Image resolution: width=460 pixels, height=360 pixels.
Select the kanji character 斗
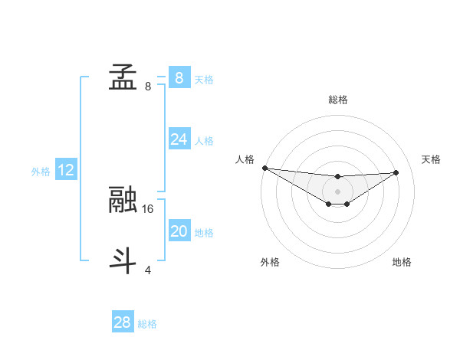123,261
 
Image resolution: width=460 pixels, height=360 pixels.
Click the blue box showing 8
179,77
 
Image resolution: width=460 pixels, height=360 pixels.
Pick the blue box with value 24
179,139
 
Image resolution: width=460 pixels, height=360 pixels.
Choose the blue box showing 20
179,231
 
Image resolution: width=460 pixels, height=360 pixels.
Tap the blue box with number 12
66,170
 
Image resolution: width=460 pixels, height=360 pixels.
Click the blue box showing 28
122,322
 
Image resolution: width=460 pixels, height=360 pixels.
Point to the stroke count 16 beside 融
149,208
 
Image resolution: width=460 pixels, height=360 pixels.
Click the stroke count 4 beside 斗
148,270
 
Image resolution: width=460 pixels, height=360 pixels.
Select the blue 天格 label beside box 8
204,79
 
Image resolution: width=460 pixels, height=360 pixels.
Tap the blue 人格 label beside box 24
204,141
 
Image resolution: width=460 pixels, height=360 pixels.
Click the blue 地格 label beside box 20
204,233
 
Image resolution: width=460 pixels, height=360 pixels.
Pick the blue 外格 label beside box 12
41,172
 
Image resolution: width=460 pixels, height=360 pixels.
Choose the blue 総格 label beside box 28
147,324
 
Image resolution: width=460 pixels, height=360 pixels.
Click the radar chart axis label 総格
337,100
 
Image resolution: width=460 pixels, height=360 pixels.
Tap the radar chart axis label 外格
270,262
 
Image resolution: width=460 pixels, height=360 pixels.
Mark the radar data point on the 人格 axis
264,168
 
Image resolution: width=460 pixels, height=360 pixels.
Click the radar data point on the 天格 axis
396,172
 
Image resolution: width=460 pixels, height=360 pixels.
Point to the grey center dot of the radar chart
337,191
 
